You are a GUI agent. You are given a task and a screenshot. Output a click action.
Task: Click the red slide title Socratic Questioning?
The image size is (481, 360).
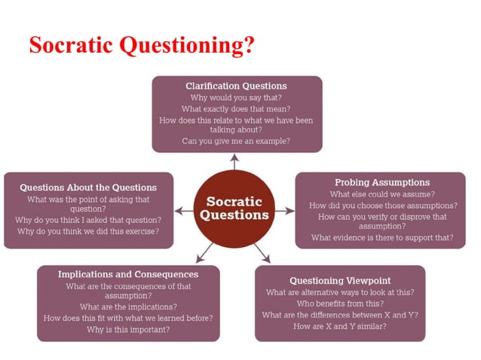[x=141, y=44]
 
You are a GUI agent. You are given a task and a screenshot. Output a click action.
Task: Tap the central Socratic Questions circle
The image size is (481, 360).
[x=234, y=209]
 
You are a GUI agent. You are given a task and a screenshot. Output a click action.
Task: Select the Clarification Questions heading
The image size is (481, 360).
[x=236, y=86]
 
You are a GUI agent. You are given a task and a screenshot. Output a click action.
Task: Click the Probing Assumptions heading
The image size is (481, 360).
[x=382, y=182]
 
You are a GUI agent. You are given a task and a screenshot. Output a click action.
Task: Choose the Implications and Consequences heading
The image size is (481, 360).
[x=128, y=274]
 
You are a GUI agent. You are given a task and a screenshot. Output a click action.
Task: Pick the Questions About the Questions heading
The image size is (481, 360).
[x=88, y=188]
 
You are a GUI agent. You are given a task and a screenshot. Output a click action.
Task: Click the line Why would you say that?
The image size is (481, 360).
[x=236, y=97]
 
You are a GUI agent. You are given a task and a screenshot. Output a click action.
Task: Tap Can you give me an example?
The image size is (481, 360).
[x=236, y=141]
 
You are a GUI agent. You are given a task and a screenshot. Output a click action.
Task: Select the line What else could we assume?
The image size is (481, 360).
[x=382, y=194]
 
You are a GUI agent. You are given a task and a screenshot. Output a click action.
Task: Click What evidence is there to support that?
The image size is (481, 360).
[x=382, y=237]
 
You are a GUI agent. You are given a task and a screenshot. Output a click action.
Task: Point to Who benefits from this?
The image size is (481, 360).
[x=339, y=304]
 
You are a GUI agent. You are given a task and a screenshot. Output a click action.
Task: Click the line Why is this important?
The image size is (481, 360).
[x=128, y=329]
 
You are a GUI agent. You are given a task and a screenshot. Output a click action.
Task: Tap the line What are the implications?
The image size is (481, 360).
[x=128, y=307]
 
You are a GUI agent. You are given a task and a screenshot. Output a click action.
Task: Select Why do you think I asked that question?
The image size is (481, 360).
[x=88, y=220]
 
